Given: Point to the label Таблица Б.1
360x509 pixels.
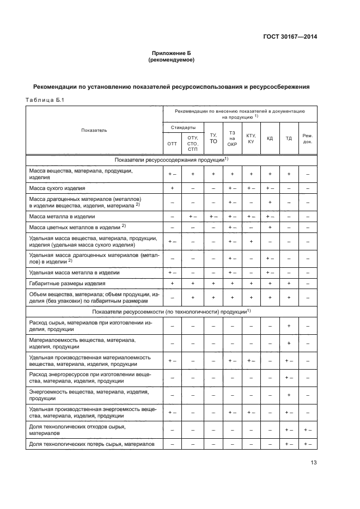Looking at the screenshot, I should point(45,100).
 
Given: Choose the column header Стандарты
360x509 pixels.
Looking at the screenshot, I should point(183,127).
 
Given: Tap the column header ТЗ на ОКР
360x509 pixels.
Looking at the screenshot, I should point(232,138).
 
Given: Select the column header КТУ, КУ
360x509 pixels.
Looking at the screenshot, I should point(251,138).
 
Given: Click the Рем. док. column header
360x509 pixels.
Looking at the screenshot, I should point(308,138).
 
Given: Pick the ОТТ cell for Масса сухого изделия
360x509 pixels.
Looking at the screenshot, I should point(172,188).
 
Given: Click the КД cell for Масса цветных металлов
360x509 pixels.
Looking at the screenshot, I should point(270,226).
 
